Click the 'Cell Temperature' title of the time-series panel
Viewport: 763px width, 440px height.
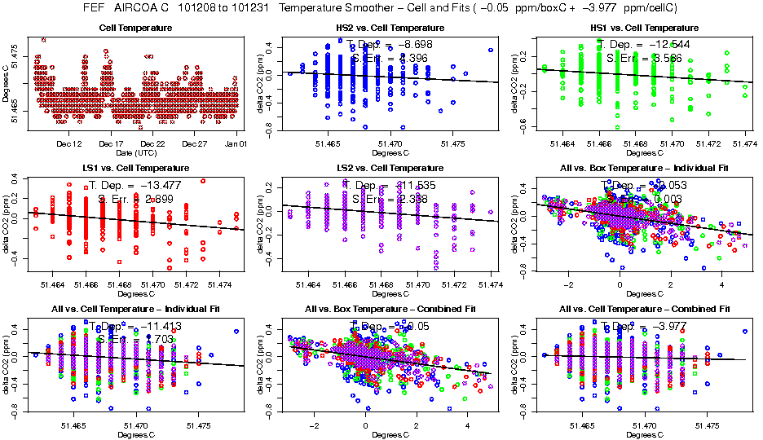coord(135,29)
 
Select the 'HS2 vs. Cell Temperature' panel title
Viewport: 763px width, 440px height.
coord(390,29)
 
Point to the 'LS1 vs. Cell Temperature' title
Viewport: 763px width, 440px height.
coord(135,167)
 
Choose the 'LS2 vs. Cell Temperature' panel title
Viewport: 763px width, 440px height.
coord(390,167)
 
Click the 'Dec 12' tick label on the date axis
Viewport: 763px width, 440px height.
coord(70,143)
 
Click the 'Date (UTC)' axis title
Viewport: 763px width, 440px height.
coord(135,152)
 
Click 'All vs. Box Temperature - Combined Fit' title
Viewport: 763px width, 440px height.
coord(390,309)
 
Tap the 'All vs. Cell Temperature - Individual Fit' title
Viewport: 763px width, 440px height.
coord(135,309)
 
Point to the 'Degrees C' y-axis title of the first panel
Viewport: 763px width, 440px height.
coord(7,83)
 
